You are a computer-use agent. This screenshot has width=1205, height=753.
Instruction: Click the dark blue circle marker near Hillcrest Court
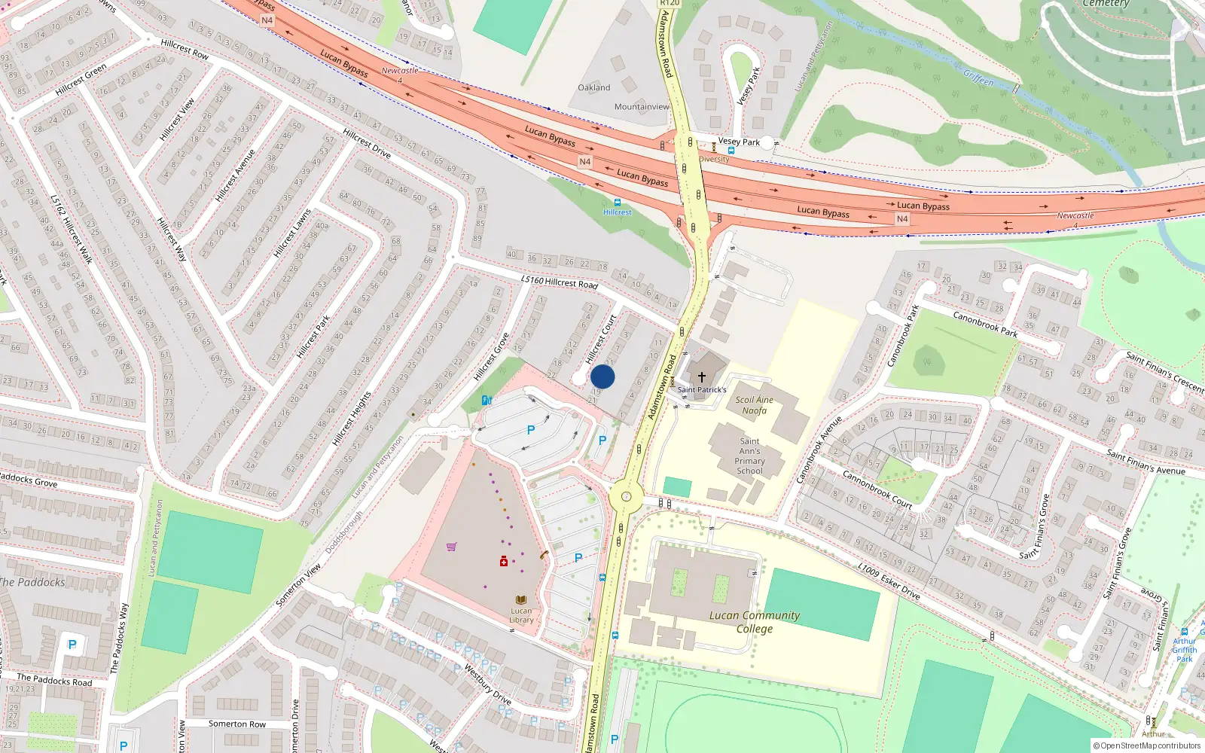(602, 376)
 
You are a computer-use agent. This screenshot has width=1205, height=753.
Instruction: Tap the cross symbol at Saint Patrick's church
(702, 377)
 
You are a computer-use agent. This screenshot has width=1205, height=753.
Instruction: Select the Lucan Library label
(521, 615)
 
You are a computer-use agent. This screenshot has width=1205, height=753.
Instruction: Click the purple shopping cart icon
(451, 547)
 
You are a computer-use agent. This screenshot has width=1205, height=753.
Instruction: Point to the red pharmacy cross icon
(504, 562)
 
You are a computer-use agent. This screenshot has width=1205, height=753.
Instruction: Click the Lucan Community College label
(755, 621)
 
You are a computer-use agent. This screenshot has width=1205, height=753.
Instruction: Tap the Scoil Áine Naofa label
(754, 405)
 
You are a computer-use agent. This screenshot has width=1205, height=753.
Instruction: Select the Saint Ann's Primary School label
(749, 456)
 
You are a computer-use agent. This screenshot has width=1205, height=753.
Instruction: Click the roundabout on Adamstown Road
(626, 497)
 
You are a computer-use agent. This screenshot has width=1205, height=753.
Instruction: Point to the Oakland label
(593, 87)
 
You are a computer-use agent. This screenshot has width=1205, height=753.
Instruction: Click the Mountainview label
(642, 107)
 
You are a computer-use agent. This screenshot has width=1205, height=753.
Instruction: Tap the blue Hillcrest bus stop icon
(618, 203)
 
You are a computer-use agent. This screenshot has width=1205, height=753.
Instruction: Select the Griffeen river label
(978, 78)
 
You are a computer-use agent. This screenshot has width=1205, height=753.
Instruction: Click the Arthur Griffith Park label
(1184, 650)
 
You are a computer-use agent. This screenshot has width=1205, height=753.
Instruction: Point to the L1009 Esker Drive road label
(889, 581)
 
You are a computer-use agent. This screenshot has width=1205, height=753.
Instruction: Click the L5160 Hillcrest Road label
(559, 282)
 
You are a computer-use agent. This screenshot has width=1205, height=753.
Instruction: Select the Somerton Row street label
(236, 724)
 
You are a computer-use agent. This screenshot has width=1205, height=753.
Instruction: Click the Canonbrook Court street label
(877, 490)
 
